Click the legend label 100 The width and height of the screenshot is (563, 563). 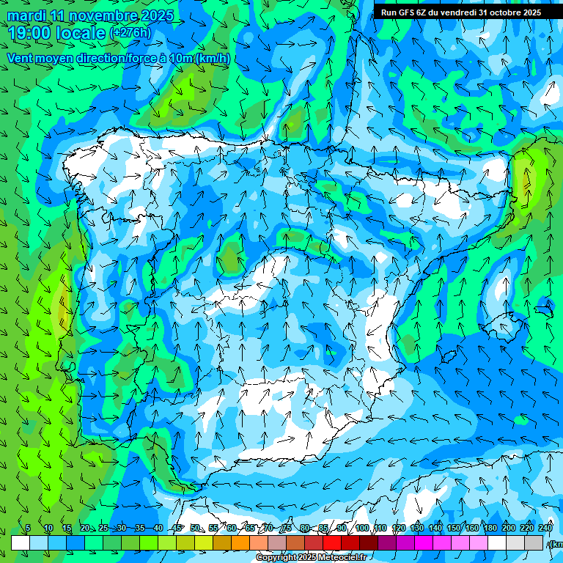point(361,529)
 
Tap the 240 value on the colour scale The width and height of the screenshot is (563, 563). point(545,529)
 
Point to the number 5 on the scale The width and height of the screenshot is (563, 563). point(28,529)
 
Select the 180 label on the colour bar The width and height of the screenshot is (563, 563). point(490,529)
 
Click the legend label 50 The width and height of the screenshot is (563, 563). point(195,529)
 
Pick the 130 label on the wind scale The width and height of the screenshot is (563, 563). point(416,529)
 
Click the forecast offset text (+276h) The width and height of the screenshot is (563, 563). point(130,33)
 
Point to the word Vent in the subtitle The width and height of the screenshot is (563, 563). point(21,58)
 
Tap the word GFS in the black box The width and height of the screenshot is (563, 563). point(405,12)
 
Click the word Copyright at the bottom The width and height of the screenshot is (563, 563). point(277,558)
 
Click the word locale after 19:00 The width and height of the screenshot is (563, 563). point(82,33)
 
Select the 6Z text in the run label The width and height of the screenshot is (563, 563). point(421,12)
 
